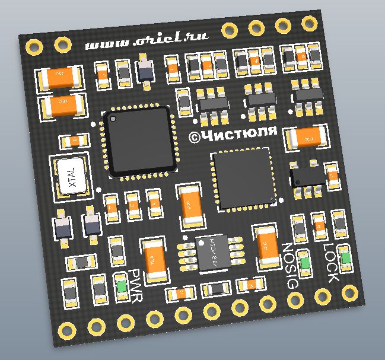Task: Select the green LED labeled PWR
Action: pyautogui.click(x=122, y=287)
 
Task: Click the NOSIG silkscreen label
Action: pyautogui.click(x=288, y=266)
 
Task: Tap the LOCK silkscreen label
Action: pyautogui.click(x=330, y=262)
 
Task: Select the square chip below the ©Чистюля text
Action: pyautogui.click(x=243, y=179)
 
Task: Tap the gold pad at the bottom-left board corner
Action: pyautogui.click(x=63, y=328)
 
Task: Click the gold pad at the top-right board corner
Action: pyautogui.click(x=309, y=23)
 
